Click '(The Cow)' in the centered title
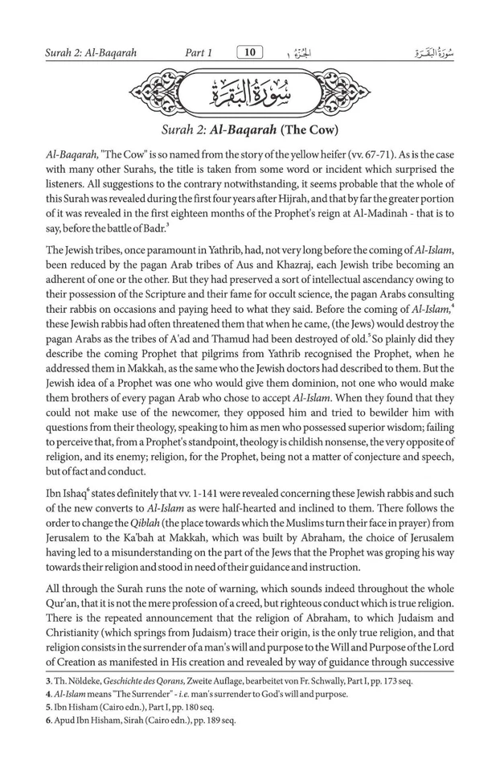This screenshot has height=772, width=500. point(309,129)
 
